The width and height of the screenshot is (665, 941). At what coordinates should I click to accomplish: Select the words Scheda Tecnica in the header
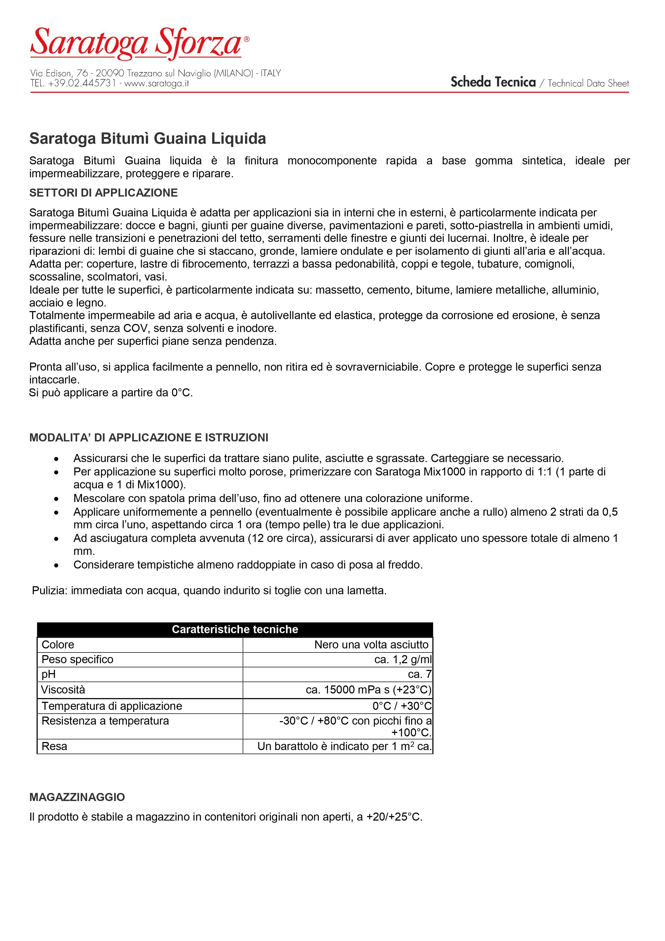[493, 82]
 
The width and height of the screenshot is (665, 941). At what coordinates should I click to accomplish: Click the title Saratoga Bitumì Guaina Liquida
[147, 139]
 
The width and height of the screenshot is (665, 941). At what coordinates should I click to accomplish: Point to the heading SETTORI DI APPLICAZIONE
[103, 193]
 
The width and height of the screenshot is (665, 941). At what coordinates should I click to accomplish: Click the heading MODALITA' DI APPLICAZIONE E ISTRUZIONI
[149, 438]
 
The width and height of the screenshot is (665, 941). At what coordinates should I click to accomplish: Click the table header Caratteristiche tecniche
[235, 629]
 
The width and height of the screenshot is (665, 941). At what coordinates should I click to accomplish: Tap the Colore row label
[58, 645]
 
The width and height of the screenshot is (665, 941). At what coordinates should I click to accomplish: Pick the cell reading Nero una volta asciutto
[371, 645]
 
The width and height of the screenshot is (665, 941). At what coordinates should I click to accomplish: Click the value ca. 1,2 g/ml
[403, 659]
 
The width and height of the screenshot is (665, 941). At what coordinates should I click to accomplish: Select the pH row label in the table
[48, 674]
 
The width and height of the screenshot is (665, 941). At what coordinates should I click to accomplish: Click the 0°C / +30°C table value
[402, 706]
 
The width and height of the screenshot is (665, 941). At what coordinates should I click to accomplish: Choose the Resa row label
[54, 746]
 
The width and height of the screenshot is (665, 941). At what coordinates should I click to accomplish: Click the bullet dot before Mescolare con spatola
[57, 499]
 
